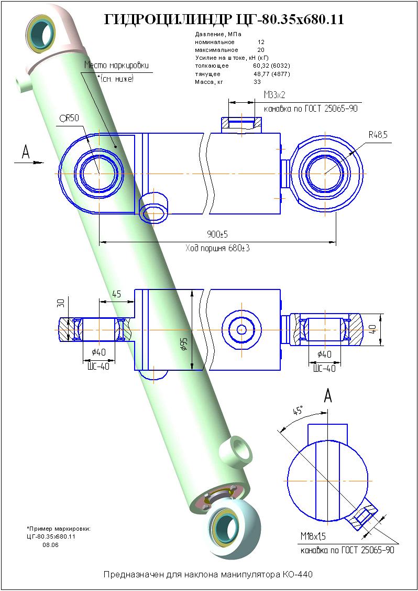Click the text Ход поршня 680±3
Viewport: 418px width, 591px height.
[217, 248]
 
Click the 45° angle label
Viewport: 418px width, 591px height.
[298, 411]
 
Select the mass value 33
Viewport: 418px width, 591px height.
[257, 82]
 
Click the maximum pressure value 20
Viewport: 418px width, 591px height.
[261, 50]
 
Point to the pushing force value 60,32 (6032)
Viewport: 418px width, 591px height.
[271, 66]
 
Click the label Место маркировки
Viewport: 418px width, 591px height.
[117, 66]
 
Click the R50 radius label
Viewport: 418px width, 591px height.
[70, 118]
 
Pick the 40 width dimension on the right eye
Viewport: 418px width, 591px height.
[387, 329]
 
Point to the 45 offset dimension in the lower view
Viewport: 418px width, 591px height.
[116, 294]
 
